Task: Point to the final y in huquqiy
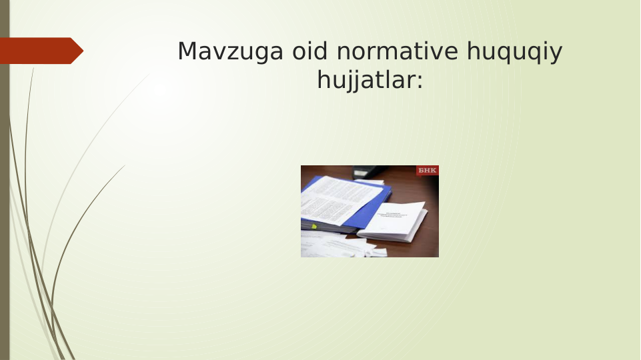[557, 54]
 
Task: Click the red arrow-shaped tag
[37, 51]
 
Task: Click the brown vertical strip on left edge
[4, 200]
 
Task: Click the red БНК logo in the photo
[427, 171]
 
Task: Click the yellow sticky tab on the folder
[313, 227]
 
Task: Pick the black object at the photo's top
[367, 172]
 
